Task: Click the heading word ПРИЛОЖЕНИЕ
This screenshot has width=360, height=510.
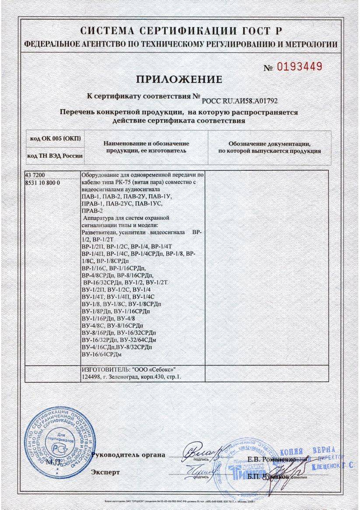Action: tap(179, 79)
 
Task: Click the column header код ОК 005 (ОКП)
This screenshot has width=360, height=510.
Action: tap(55, 139)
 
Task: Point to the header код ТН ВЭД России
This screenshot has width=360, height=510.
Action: tap(55, 156)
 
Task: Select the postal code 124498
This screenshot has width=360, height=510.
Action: tap(91, 376)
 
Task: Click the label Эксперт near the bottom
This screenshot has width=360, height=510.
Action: tap(105, 472)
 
